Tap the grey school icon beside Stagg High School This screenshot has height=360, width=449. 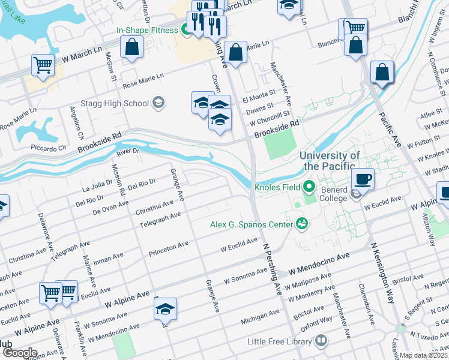click(158, 103)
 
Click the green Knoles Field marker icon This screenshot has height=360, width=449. click(309, 187)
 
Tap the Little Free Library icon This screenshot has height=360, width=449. click(321, 341)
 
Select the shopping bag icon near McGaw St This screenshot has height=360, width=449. click(131, 47)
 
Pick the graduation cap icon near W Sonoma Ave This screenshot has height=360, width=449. click(165, 308)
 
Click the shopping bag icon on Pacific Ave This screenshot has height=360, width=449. click(382, 72)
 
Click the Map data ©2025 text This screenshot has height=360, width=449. click(424, 355)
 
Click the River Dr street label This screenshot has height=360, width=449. click(127, 152)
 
